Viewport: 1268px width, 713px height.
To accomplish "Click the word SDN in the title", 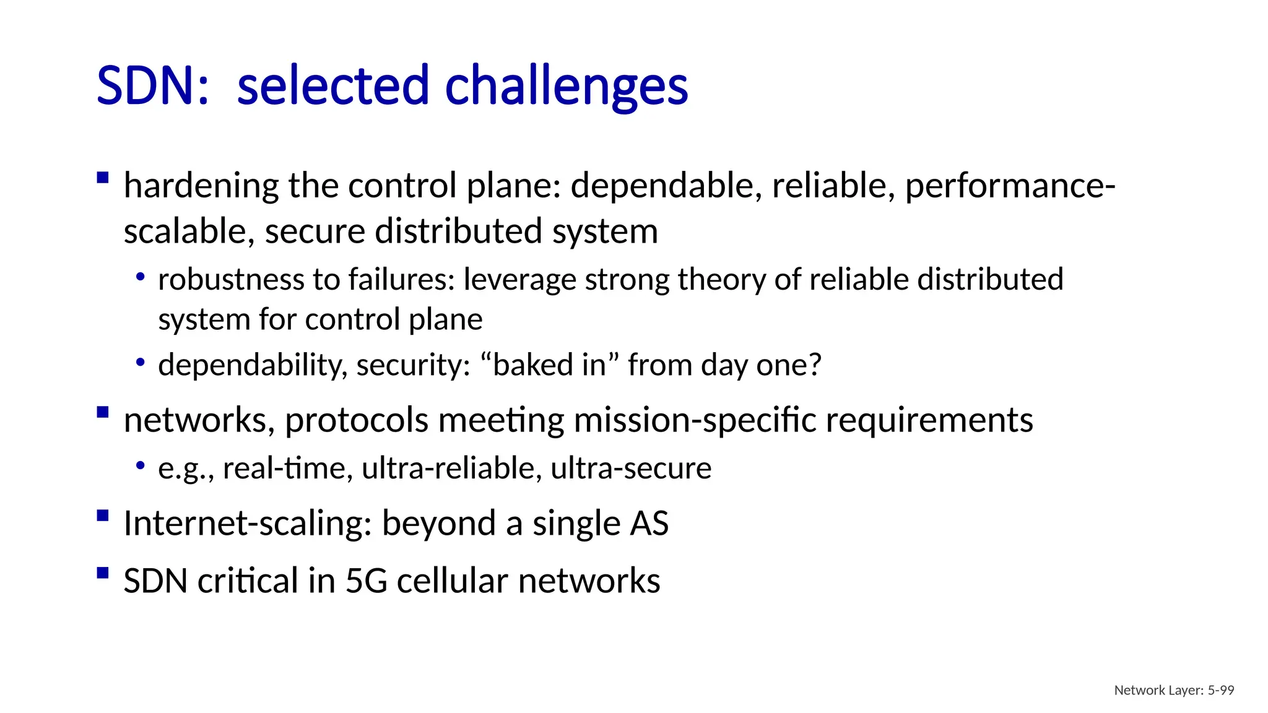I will [146, 85].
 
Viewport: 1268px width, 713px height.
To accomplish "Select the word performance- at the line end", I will [1010, 186].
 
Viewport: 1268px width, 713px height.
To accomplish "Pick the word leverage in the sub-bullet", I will [519, 280].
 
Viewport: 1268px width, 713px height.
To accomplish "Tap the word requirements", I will [929, 420].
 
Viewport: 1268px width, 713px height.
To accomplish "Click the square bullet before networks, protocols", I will [103, 412].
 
